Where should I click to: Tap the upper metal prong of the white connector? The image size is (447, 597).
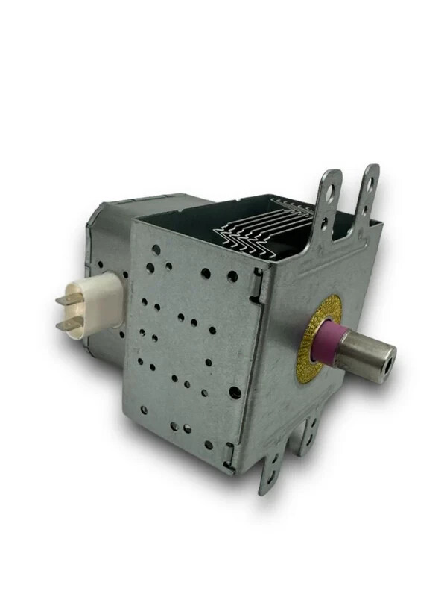coord(69,299)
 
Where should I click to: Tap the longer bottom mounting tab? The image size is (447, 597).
coord(272,466)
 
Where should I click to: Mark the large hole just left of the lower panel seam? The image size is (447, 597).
coord(235,392)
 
